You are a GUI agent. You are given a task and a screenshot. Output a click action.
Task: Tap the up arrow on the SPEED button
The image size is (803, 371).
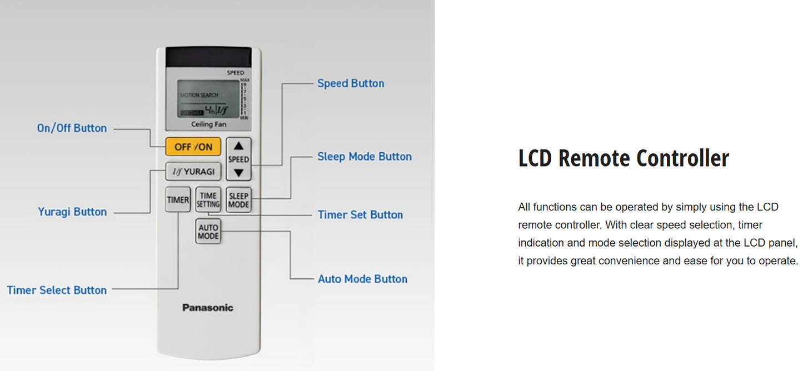[x=238, y=147]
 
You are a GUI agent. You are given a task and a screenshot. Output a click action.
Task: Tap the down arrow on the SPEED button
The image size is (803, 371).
[x=238, y=173]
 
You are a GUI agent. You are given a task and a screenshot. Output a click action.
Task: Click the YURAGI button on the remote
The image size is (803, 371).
[x=193, y=172]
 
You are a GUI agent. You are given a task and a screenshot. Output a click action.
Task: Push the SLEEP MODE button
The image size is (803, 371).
[x=238, y=200]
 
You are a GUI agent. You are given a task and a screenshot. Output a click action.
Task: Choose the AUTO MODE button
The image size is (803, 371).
[x=208, y=232]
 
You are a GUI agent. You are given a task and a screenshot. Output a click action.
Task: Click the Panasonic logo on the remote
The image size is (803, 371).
[x=208, y=308]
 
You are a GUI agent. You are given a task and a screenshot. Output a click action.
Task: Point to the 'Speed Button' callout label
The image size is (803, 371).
[x=351, y=83]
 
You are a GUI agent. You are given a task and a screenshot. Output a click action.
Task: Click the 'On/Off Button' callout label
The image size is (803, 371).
[x=72, y=128]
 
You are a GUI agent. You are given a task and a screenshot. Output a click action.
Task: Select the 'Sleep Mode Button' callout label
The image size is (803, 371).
[x=365, y=157]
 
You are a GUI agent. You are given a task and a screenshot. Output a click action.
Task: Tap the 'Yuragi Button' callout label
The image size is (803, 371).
[x=72, y=212]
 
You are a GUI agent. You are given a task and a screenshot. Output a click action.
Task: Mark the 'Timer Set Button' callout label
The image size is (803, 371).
[x=360, y=215]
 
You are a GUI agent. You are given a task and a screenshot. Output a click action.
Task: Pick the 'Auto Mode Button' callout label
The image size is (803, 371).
[x=362, y=279]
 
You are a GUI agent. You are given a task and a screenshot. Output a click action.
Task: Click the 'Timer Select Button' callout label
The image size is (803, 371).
[x=57, y=290]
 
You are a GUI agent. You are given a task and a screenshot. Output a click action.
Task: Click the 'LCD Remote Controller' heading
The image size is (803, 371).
[x=623, y=158]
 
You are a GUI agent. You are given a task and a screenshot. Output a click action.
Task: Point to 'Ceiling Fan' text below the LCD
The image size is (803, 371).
[x=208, y=124]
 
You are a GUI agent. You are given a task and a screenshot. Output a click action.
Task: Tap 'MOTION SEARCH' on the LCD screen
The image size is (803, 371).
[x=199, y=96]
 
